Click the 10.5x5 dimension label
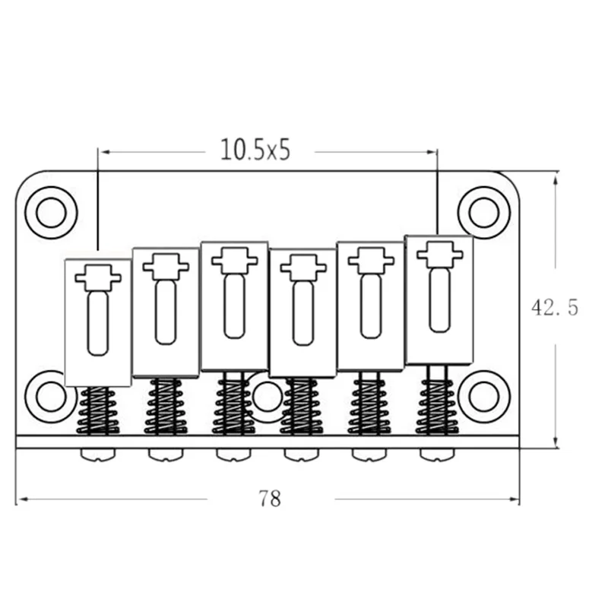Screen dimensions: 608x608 coord(255,150)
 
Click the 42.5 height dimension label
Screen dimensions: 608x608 coord(554,308)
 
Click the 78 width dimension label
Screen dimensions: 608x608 coord(270,499)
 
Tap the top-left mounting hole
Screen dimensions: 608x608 coord(51,212)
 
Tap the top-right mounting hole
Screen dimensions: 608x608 coord(483,212)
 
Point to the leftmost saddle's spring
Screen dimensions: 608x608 coord(98,411)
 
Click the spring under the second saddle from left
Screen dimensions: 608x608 coord(166,407)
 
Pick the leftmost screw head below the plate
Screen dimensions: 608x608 coord(99,454)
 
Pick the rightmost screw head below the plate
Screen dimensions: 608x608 coord(439,454)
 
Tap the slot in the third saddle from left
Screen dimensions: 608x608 coord(234,305)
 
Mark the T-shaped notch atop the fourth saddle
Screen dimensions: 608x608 coord(303,267)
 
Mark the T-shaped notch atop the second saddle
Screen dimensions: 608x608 coord(166,266)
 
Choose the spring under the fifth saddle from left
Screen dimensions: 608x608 coord(369,405)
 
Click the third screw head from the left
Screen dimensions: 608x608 coord(234,454)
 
